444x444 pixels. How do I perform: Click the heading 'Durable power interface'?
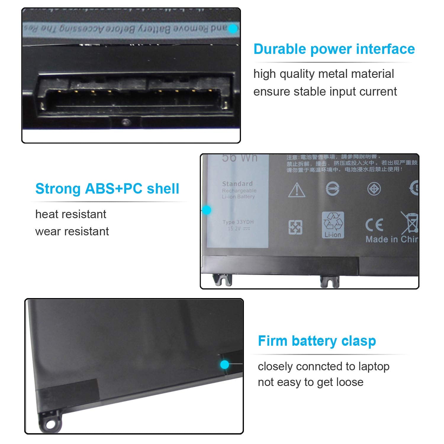pyautogui.click(x=334, y=49)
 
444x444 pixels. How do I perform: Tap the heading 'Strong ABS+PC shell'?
pyautogui.click(x=107, y=189)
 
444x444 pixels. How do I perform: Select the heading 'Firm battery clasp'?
pyautogui.click(x=317, y=341)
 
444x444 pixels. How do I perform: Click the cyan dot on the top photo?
pyautogui.click(x=233, y=29)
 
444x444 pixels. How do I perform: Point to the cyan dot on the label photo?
pyautogui.click(x=207, y=210)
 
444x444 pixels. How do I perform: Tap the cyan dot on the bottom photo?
pyautogui.click(x=225, y=364)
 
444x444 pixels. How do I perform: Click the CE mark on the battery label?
pyautogui.click(x=374, y=225)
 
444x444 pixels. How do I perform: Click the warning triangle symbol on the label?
pyautogui.click(x=297, y=190)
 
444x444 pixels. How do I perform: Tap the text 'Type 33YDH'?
pyautogui.click(x=238, y=222)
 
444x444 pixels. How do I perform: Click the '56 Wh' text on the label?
pyautogui.click(x=240, y=158)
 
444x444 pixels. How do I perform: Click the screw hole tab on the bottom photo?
pyautogui.click(x=50, y=424)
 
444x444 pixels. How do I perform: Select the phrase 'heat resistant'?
pyautogui.click(x=71, y=214)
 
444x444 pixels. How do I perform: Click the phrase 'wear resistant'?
pyautogui.click(x=72, y=231)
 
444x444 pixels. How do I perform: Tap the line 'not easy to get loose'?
pyautogui.click(x=311, y=382)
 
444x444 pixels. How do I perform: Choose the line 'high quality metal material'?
pyautogui.click(x=324, y=74)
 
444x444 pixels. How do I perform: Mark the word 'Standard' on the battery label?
pyautogui.click(x=237, y=184)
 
